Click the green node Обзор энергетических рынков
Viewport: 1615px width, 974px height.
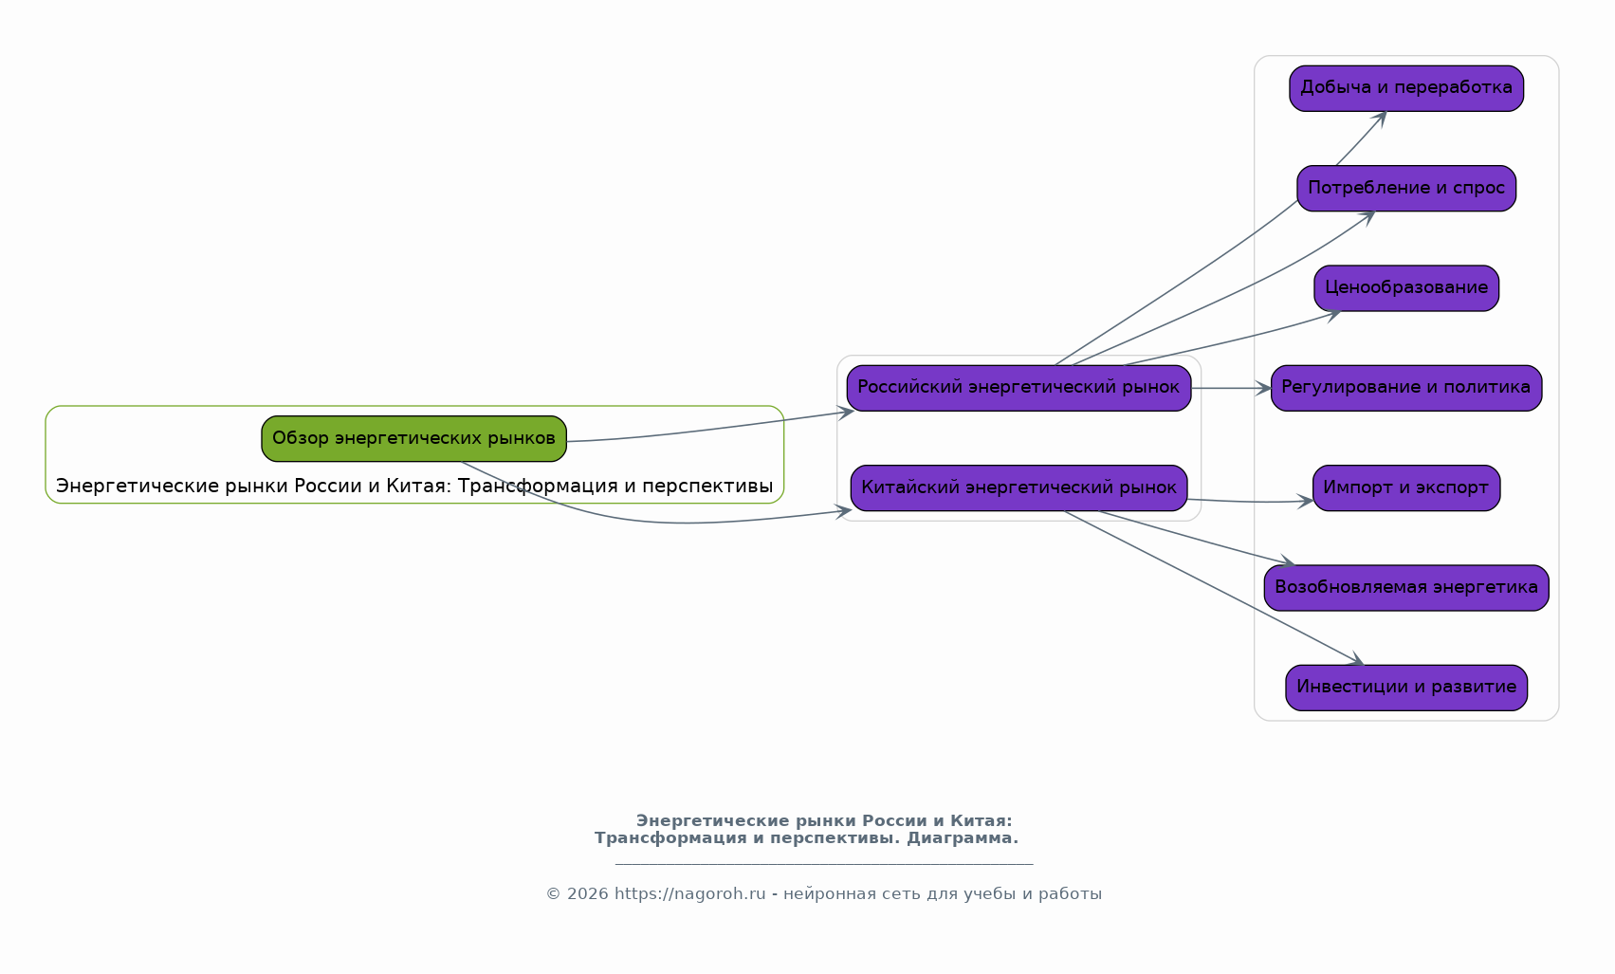click(x=413, y=438)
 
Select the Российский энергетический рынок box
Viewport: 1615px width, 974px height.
click(x=1019, y=388)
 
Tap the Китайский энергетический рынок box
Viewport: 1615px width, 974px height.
click(x=1019, y=488)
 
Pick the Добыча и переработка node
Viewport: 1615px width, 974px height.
click(x=1406, y=88)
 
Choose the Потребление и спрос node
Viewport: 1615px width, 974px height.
click(x=1406, y=188)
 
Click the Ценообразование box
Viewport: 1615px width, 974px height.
click(x=1406, y=288)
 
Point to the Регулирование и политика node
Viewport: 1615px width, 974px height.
click(x=1406, y=388)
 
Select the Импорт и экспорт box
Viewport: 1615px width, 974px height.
click(x=1406, y=488)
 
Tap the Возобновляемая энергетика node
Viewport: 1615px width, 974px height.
click(x=1406, y=588)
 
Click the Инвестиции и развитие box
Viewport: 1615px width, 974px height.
click(x=1406, y=688)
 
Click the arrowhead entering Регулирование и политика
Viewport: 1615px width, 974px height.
click(x=1264, y=388)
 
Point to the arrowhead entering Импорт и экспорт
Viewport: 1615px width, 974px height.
click(x=1306, y=501)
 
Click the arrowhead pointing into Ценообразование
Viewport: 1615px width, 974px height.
click(x=1333, y=314)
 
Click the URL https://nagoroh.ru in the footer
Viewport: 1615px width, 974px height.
click(x=690, y=894)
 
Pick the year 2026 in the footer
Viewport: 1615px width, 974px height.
click(x=588, y=894)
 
